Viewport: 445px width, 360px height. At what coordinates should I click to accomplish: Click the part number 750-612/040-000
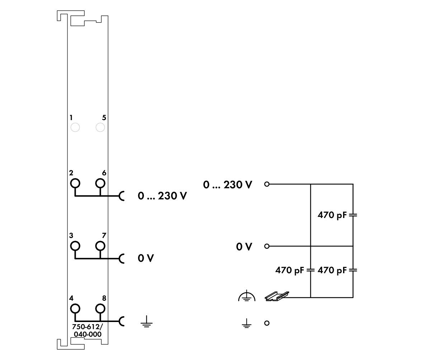[x=88, y=330]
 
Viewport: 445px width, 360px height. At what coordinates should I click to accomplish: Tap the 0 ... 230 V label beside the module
[x=162, y=196]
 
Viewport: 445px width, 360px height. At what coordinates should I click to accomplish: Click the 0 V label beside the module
[x=146, y=259]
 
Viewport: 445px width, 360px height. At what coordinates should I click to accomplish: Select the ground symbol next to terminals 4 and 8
[x=146, y=321]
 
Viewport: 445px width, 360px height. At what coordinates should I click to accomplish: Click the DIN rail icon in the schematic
[x=277, y=296]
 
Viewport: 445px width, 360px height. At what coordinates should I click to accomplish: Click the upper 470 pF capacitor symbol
[x=353, y=215]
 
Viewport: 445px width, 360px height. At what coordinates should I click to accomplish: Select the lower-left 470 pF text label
[x=290, y=270]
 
